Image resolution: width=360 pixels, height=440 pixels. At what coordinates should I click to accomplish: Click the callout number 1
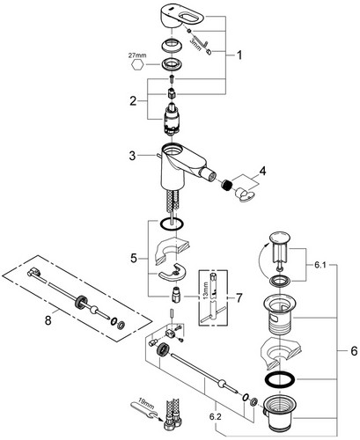click(x=239, y=55)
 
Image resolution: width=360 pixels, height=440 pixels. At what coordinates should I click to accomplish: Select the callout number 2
click(x=133, y=101)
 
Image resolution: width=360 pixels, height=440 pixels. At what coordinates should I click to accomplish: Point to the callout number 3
click(x=132, y=156)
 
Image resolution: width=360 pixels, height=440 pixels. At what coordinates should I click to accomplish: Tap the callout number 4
click(x=262, y=171)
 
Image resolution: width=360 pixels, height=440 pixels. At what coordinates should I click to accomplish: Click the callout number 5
click(x=134, y=259)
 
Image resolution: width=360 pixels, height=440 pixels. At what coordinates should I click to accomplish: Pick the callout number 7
click(x=239, y=298)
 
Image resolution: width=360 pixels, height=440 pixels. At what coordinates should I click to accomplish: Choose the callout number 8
click(x=48, y=320)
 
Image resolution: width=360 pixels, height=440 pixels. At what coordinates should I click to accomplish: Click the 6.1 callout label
click(x=320, y=265)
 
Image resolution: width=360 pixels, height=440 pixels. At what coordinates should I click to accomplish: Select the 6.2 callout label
click(x=216, y=417)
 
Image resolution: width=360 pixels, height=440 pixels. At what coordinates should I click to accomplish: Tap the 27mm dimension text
click(x=137, y=55)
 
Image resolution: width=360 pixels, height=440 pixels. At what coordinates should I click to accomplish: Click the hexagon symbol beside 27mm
click(x=137, y=64)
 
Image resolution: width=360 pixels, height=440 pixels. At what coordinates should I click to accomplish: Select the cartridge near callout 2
click(x=173, y=120)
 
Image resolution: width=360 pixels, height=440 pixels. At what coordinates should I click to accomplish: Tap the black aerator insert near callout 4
click(x=226, y=185)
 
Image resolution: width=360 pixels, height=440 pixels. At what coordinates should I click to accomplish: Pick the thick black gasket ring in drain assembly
click(x=280, y=379)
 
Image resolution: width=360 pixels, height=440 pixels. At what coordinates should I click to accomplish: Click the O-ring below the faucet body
click(x=172, y=224)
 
